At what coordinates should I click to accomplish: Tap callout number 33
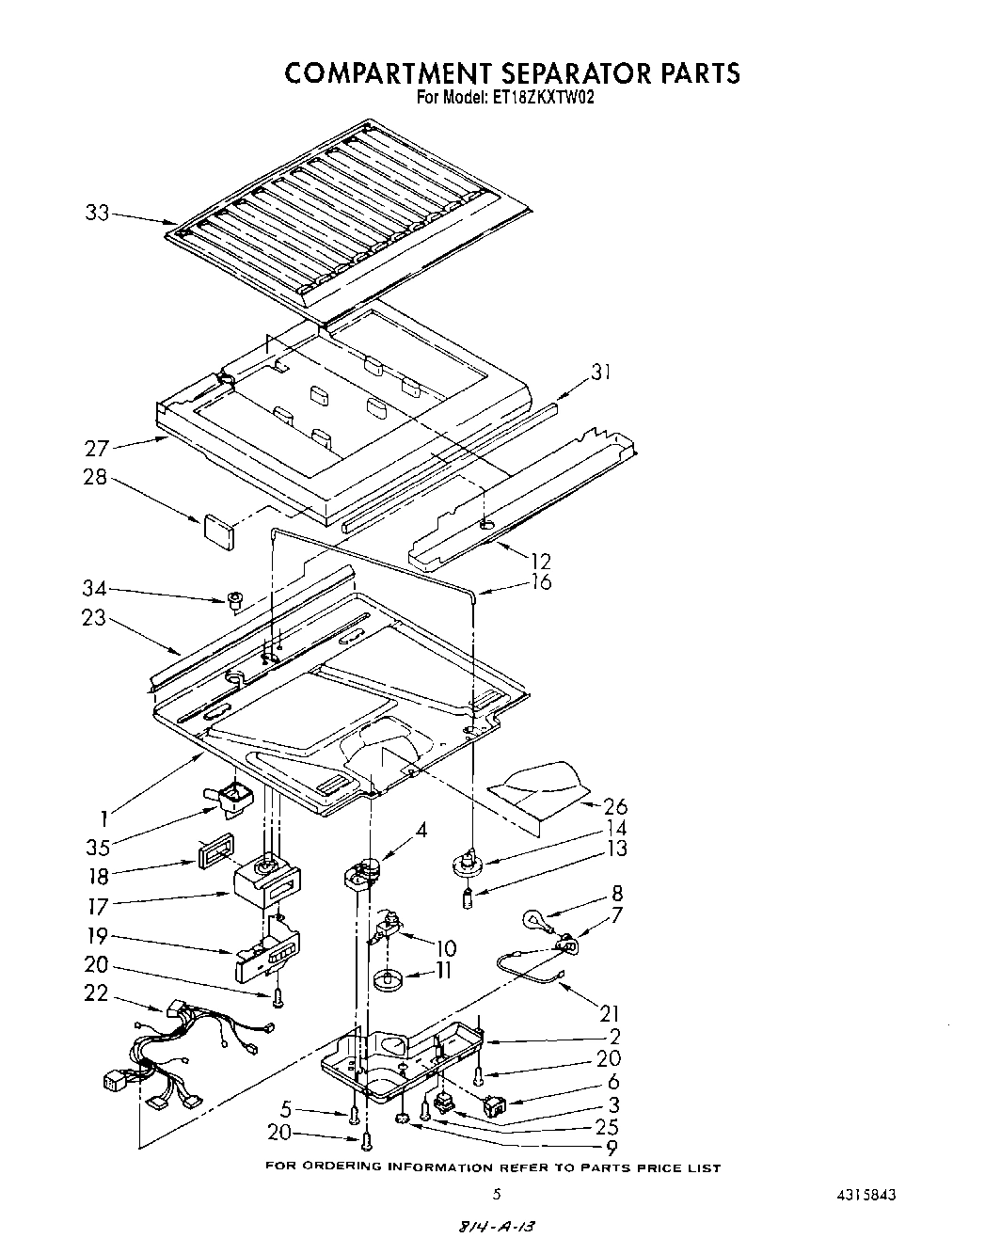97,214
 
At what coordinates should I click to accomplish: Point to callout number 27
97,448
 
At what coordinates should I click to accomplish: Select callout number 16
540,581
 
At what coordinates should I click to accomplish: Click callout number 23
97,620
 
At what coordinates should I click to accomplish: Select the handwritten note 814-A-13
500,1227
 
